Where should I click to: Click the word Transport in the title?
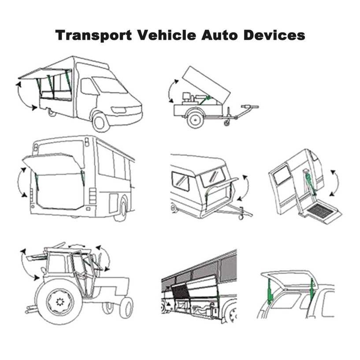click(x=94, y=35)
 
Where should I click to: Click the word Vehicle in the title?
click(x=167, y=35)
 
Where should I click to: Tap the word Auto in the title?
click(x=220, y=35)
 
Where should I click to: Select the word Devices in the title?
click(x=274, y=35)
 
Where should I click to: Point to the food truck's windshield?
click(x=109, y=85)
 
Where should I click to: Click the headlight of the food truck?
click(x=119, y=110)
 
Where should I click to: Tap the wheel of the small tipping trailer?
click(x=195, y=119)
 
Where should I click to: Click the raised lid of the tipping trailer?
click(x=206, y=85)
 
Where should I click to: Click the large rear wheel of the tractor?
click(x=60, y=302)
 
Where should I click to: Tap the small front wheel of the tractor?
click(x=126, y=308)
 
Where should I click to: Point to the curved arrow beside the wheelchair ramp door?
click(x=337, y=183)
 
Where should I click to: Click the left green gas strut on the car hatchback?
click(x=269, y=291)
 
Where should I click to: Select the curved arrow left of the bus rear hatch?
click(x=19, y=182)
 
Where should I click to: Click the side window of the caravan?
click(x=181, y=181)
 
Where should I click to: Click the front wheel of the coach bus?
click(x=231, y=314)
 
